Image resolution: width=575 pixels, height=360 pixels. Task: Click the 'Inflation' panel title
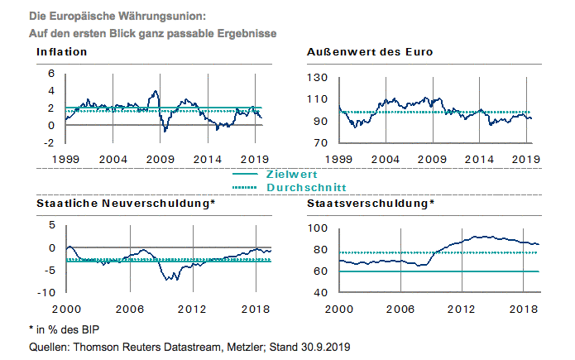tap(62, 52)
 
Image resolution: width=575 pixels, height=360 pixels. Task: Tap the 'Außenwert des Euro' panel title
tap(370, 52)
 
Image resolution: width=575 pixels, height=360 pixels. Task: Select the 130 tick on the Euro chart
tap(318, 78)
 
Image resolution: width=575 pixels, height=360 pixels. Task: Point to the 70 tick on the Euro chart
tap(320, 143)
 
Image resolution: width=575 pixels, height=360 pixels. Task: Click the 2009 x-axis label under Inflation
tap(160, 158)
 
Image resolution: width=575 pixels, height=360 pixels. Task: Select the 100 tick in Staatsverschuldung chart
tap(317, 228)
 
